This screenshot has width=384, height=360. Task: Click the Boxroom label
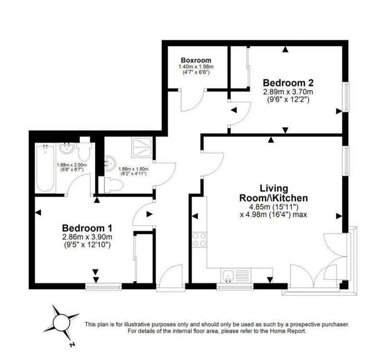(196, 60)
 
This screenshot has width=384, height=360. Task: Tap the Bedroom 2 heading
(288, 83)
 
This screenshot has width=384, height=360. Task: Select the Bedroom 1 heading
(87, 228)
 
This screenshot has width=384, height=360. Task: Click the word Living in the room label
(274, 189)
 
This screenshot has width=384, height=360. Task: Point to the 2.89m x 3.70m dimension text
(288, 92)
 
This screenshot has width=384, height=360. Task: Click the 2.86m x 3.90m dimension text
(87, 237)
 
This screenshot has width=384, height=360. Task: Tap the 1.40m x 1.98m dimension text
(196, 67)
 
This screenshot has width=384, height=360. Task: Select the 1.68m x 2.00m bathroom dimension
(72, 165)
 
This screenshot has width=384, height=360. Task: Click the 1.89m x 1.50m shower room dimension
(133, 169)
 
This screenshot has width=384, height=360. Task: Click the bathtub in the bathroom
(45, 168)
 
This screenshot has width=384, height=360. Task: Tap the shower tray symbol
(142, 147)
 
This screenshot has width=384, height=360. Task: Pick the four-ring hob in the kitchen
(199, 240)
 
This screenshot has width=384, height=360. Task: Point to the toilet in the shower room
(114, 185)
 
